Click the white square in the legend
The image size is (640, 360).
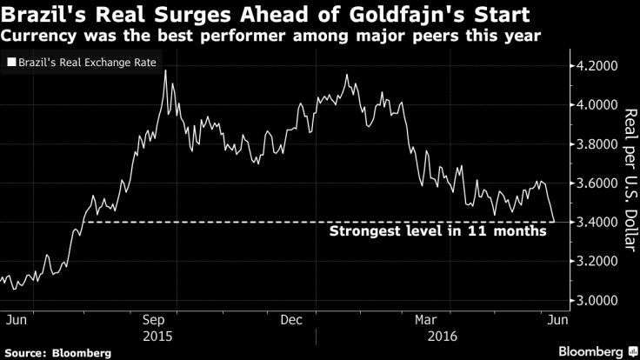click(10, 63)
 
